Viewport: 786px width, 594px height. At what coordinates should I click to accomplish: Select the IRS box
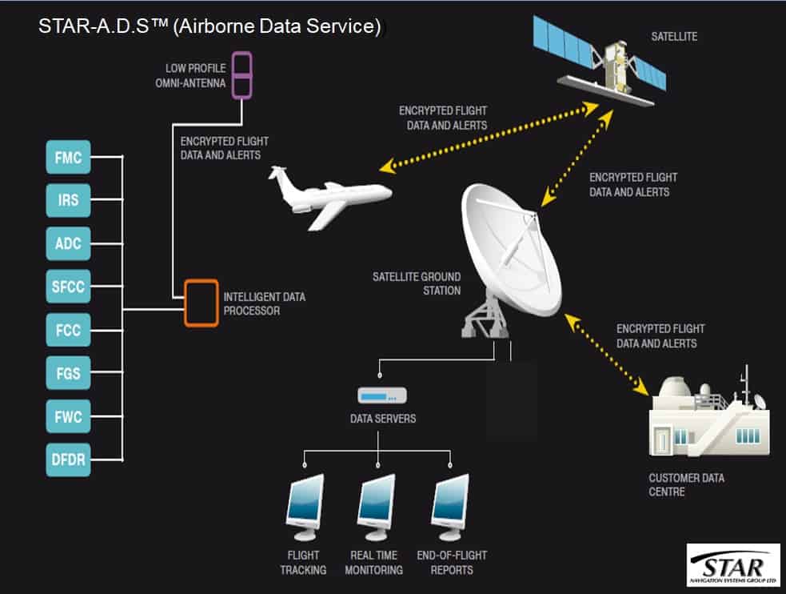(69, 199)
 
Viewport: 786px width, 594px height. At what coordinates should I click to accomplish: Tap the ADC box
(69, 243)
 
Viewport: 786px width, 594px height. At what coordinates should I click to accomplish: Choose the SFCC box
(69, 287)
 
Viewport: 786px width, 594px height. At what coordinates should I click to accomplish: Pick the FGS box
(69, 373)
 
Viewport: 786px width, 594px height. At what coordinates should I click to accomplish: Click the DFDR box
(69, 460)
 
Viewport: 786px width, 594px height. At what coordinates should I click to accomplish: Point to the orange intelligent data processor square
(201, 302)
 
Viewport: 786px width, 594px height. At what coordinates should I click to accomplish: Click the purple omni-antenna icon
(242, 74)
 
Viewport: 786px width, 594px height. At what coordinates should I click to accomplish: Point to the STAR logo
(732, 564)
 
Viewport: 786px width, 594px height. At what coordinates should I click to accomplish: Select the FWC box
(69, 416)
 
